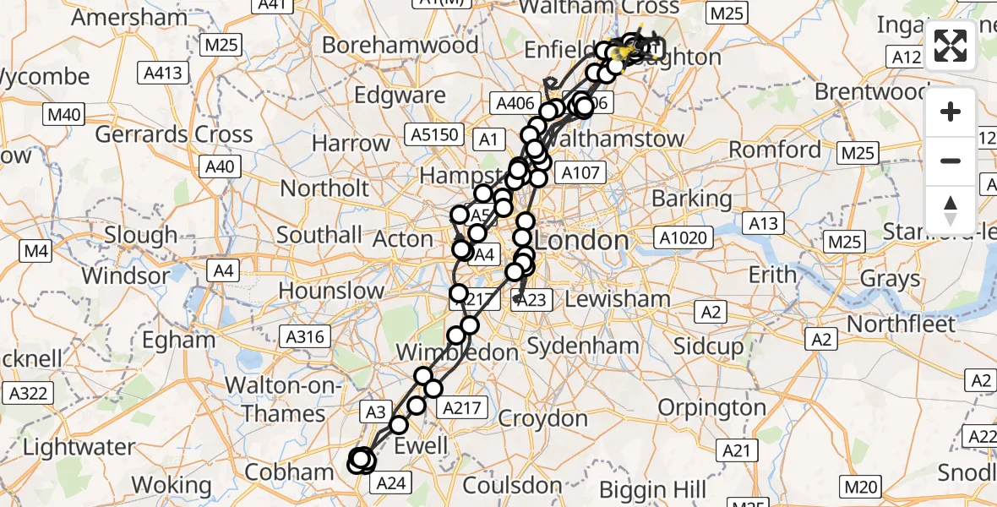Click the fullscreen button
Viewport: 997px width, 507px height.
[951, 46]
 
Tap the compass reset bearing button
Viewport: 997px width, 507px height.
[951, 210]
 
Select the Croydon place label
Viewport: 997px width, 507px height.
[543, 418]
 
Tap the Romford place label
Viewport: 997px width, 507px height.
[775, 150]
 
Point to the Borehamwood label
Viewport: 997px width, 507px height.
[400, 45]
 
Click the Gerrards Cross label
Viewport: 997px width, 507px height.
[173, 134]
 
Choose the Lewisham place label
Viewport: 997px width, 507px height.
[618, 298]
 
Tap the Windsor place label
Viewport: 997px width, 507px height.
[126, 275]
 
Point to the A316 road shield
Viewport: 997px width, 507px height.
[305, 337]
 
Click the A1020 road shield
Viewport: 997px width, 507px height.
[684, 238]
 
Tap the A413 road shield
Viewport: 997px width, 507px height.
[163, 73]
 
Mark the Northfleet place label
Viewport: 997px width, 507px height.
[901, 324]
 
